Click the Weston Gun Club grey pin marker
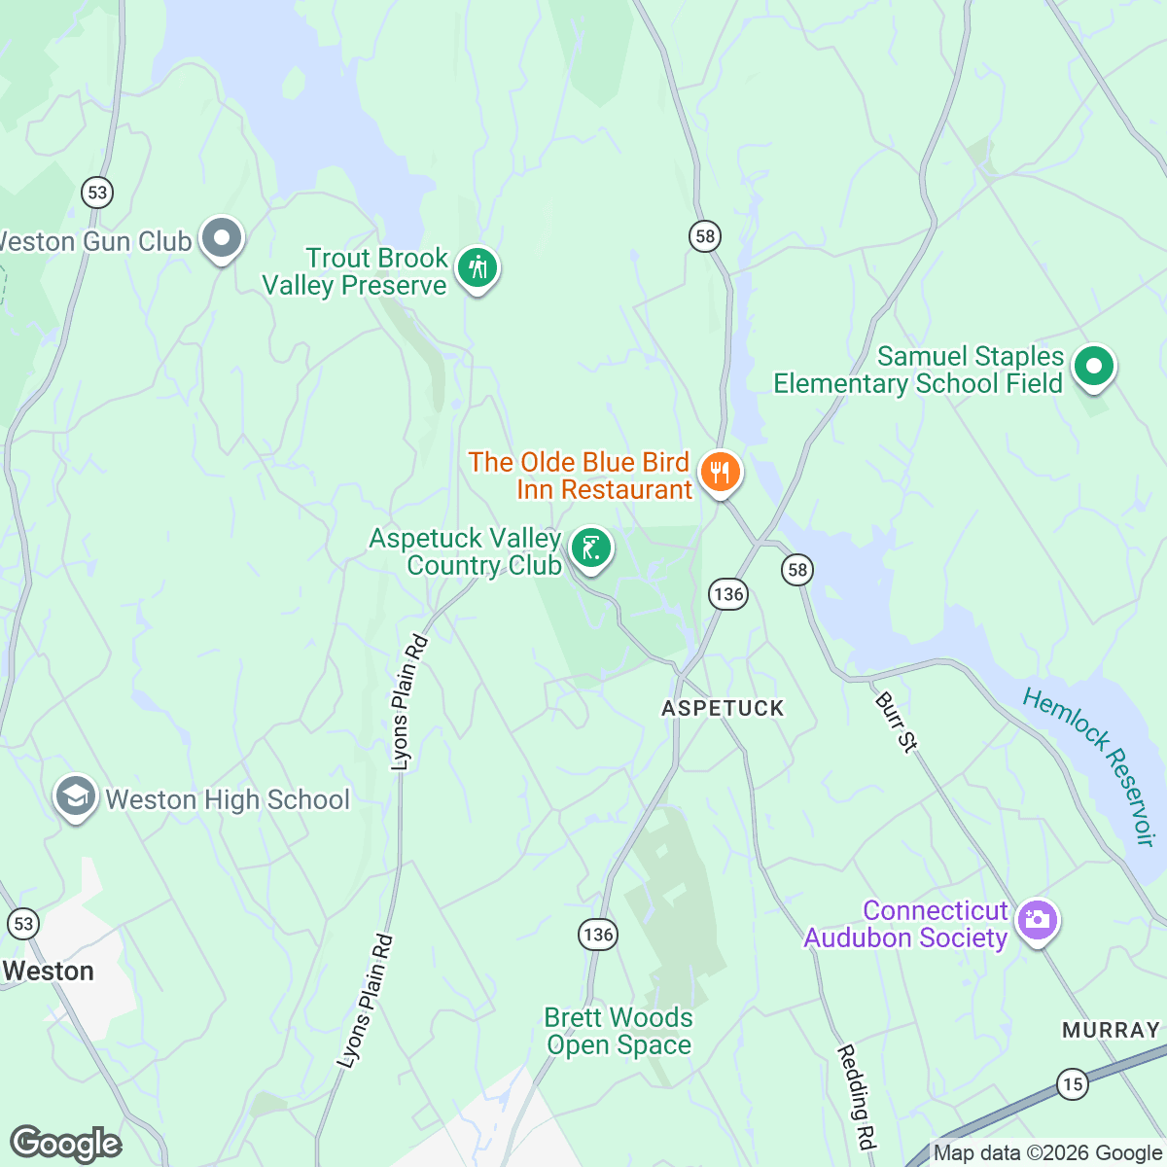[x=222, y=238]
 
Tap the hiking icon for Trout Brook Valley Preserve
[x=477, y=266]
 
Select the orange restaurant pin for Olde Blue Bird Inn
[x=720, y=473]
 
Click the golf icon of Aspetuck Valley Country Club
[x=590, y=548]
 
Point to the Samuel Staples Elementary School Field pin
[x=1094, y=368]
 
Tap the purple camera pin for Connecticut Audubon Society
[x=1038, y=920]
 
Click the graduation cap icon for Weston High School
[x=75, y=798]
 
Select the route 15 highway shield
[x=1072, y=1084]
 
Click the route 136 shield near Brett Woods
[x=597, y=935]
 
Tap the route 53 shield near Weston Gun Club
[x=97, y=193]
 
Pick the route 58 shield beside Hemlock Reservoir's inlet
[x=797, y=570]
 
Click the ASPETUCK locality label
[x=723, y=708]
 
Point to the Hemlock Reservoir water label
[x=1089, y=765]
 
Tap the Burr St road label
[x=896, y=722]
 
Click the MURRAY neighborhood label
[x=1111, y=1030]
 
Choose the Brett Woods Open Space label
[x=619, y=1031]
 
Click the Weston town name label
[x=49, y=971]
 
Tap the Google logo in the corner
[x=65, y=1144]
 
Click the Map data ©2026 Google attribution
[x=1047, y=1153]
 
